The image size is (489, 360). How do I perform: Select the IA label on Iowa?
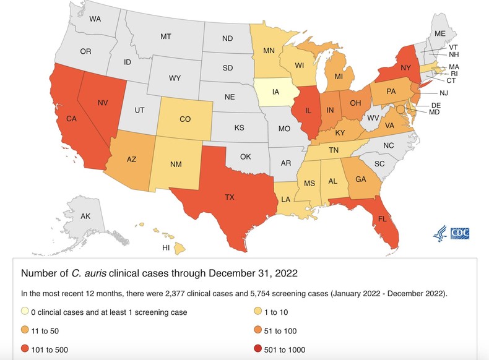[x=275, y=93]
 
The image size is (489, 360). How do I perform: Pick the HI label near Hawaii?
[x=166, y=247]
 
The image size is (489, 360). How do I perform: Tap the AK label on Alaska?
[x=86, y=216]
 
